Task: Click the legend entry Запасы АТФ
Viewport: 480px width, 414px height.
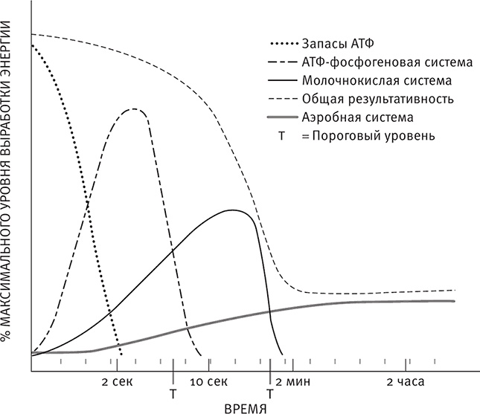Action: [x=331, y=40]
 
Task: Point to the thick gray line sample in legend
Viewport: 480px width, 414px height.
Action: [x=279, y=117]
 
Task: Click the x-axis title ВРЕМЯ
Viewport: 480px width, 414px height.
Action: [x=246, y=407]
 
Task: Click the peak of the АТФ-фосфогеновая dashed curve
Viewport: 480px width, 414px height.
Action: [x=135, y=109]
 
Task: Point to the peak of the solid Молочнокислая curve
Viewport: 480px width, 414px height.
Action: [x=233, y=210]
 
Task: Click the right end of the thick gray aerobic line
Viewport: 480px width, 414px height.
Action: [x=454, y=300]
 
